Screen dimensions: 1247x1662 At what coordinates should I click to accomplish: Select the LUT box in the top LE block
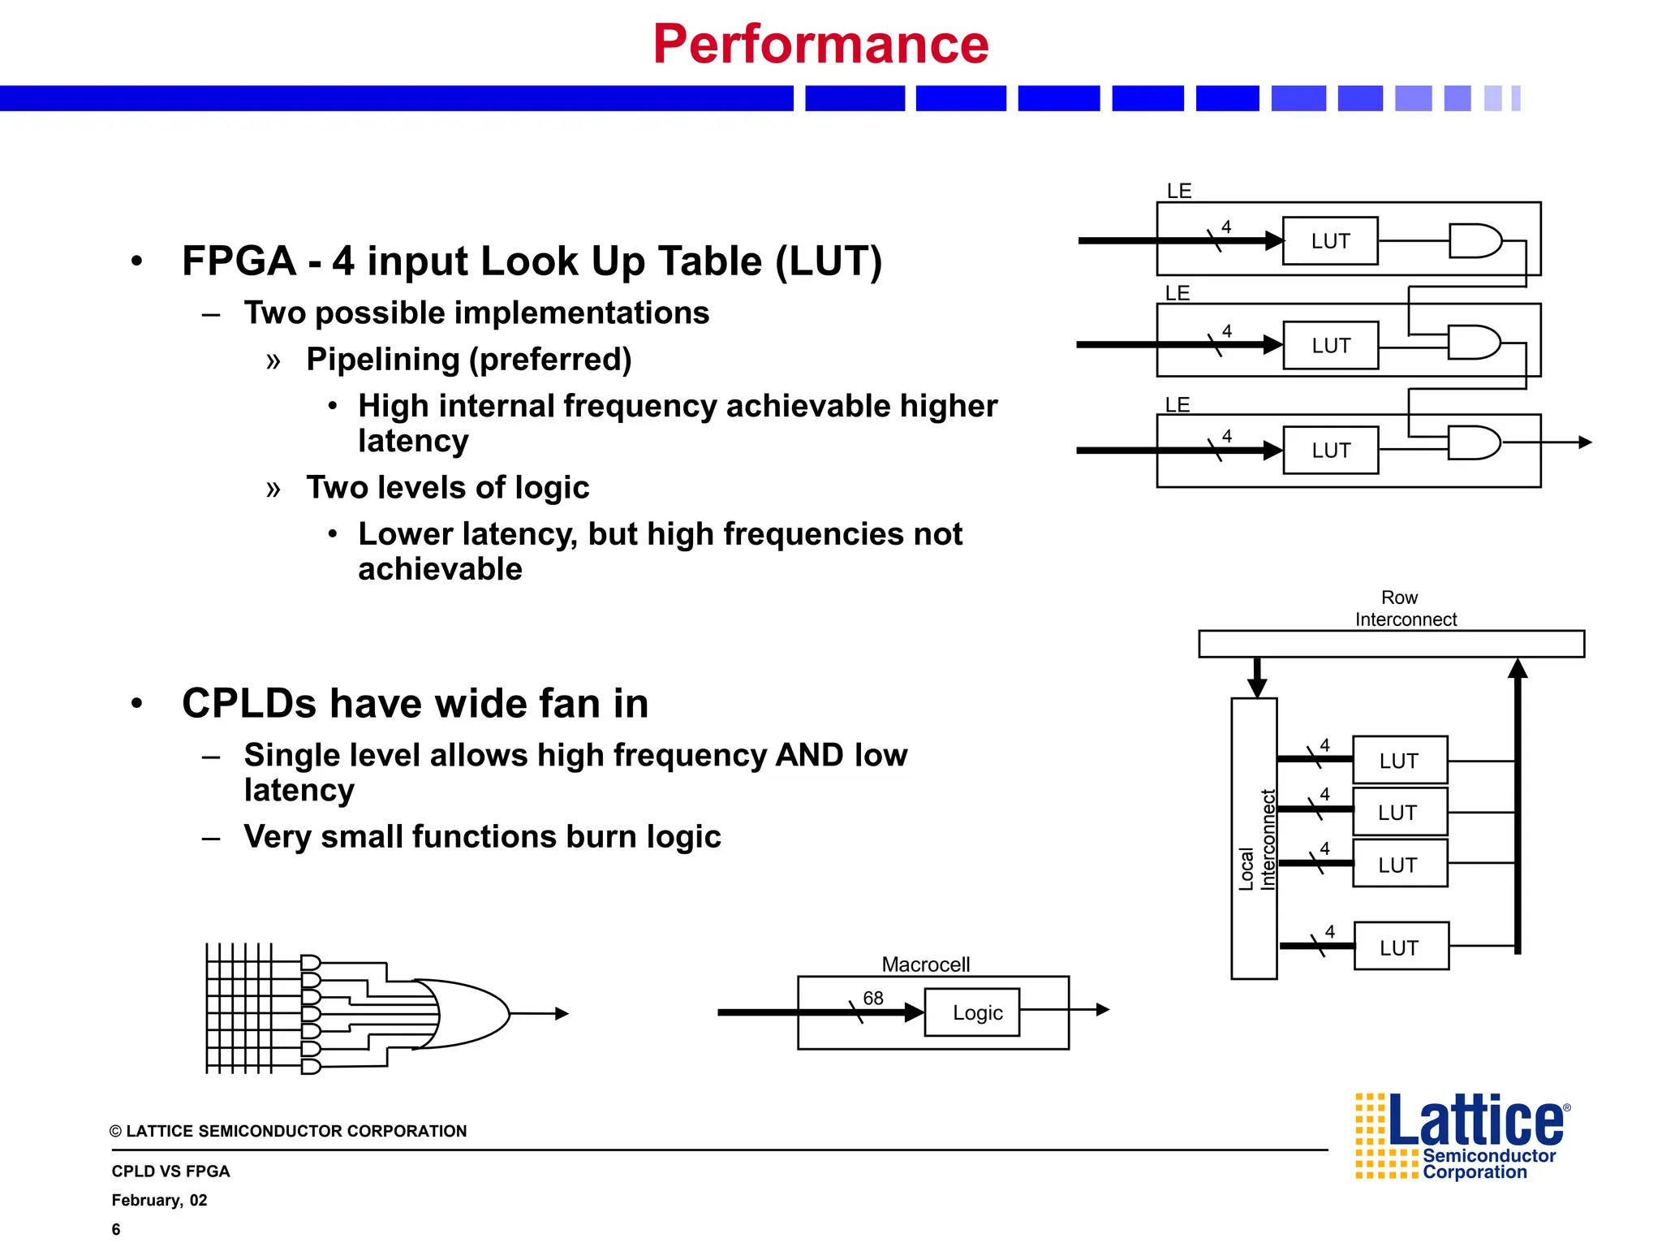[1330, 241]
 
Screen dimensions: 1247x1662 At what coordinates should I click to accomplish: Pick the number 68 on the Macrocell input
[873, 998]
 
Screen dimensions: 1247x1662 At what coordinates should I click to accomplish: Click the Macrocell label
[925, 964]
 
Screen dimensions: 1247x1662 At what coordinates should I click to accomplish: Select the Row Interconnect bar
[1391, 644]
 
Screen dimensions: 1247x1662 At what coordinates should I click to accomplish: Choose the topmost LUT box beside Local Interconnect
[1400, 760]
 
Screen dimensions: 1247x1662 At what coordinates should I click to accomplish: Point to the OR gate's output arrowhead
[562, 1013]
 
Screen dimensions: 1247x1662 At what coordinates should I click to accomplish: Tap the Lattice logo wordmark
[1475, 1121]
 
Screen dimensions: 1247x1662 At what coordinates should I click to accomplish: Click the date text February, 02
[159, 1200]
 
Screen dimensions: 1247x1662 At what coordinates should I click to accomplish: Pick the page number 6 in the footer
[116, 1229]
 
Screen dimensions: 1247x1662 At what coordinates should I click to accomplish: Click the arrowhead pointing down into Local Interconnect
[1257, 688]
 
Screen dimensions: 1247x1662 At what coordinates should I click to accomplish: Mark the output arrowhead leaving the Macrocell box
[1103, 1010]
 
